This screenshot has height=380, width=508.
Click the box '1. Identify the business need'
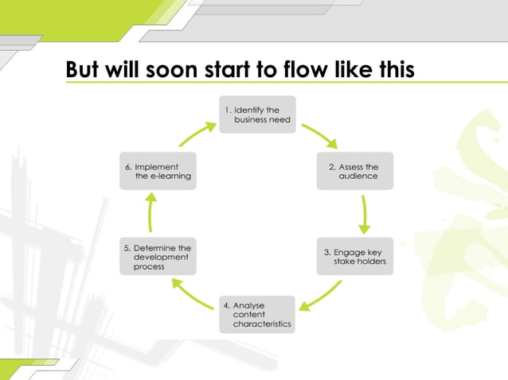[256, 114]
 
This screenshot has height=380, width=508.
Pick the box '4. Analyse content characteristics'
[256, 314]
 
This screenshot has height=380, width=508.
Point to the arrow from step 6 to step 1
[196, 134]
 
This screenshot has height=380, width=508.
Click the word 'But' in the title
[82, 70]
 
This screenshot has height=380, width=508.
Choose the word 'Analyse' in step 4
[248, 305]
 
